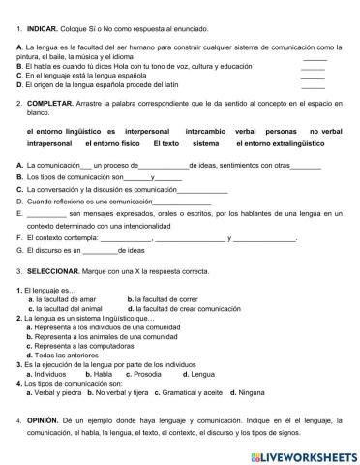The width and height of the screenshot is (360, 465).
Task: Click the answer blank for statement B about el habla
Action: [x=313, y=68]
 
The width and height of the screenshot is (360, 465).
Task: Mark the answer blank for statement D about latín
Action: [x=313, y=87]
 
